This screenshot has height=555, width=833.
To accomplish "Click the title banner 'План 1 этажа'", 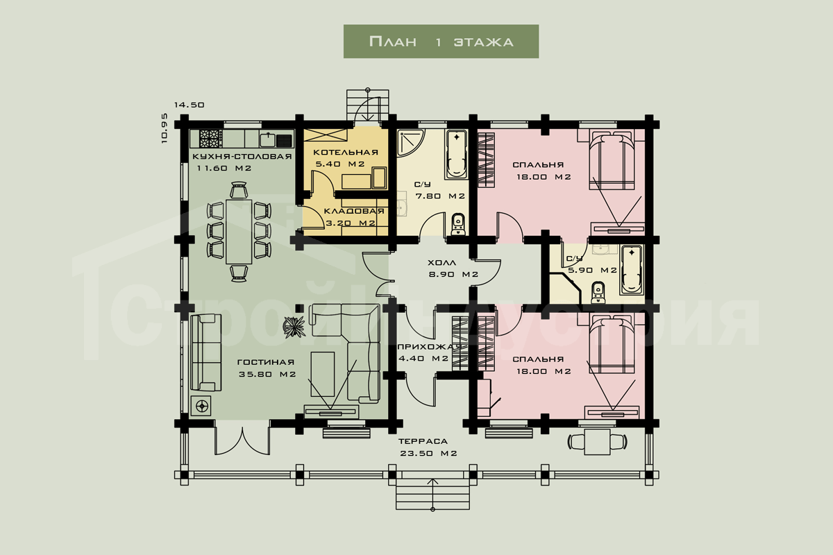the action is tap(441, 41).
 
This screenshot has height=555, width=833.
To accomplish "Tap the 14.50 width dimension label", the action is tap(190, 105).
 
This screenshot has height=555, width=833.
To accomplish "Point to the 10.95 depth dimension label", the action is tap(165, 128).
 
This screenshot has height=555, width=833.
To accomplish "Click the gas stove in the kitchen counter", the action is tap(211, 139).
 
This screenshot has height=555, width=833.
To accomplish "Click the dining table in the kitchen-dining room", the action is tap(239, 231).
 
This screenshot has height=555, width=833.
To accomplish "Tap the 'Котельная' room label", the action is tap(346, 153).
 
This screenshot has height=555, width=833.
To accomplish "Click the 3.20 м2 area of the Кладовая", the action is tap(351, 223).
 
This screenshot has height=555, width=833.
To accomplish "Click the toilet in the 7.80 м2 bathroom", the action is tap(458, 224).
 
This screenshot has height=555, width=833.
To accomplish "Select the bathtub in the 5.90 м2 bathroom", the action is tap(631, 269).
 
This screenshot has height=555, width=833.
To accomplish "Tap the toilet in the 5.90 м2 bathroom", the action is tap(598, 293).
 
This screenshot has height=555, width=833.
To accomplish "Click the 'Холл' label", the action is tap(442, 263).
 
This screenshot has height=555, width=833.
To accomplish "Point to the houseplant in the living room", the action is tap(294, 327).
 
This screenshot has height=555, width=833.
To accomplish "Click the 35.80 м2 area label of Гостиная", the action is tap(267, 375).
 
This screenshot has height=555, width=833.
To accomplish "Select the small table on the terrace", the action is tap(597, 442).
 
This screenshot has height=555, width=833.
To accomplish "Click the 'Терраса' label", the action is tap(423, 442).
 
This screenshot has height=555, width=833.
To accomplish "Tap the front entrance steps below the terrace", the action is tap(432, 495).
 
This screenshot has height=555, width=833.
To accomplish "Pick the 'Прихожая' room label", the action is tap(429, 347).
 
